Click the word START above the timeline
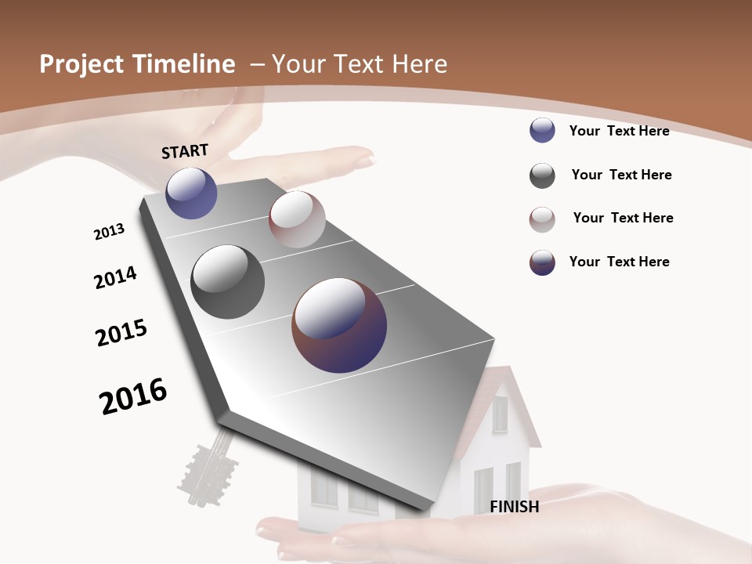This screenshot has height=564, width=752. pos(185,151)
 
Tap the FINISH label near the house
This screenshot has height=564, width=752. pos(515,507)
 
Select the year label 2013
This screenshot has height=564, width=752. pos(109,232)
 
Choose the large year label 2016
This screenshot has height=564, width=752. pos(133,396)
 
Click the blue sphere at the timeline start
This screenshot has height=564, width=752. pos(191,193)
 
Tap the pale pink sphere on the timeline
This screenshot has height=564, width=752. pos(297,219)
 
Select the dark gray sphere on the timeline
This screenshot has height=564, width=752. pos(227,282)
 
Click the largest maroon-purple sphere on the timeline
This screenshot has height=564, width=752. pos(339,325)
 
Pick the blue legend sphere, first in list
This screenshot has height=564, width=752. pos(542,130)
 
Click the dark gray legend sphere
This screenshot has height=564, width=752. pos(542,175)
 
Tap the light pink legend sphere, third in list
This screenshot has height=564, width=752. pos(542,219)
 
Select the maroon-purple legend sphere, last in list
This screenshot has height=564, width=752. pos(542,262)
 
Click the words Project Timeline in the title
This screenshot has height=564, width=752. pos(137,64)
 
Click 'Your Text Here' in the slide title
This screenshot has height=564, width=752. pos(359,64)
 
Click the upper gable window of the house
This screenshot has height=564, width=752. pos(499,414)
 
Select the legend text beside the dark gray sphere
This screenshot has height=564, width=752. pos(621,175)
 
